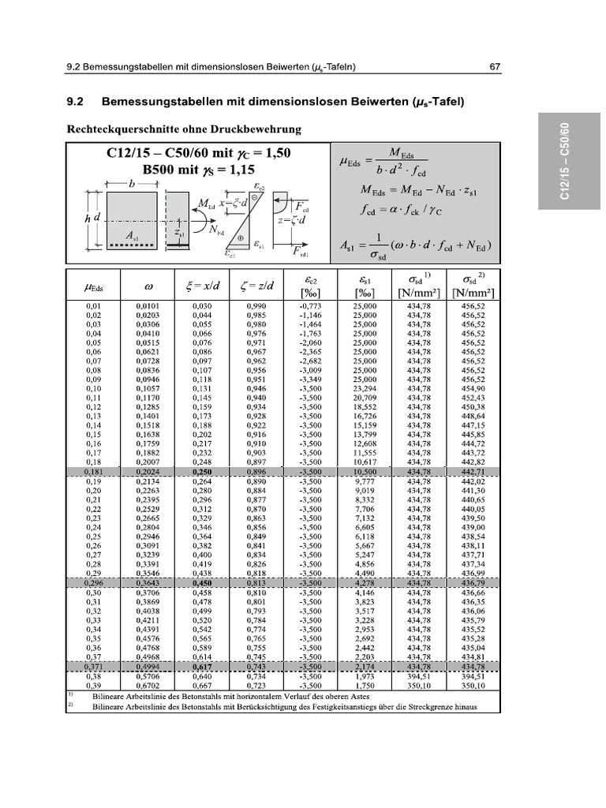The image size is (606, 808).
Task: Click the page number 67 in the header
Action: [x=494, y=66]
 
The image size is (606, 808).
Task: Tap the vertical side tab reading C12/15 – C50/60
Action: [x=564, y=162]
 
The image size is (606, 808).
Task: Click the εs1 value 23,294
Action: [x=364, y=388]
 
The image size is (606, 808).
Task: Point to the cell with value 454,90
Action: [x=473, y=388]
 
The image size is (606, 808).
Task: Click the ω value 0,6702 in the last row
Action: [x=148, y=686]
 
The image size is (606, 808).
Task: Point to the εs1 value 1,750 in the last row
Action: [x=364, y=686]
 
